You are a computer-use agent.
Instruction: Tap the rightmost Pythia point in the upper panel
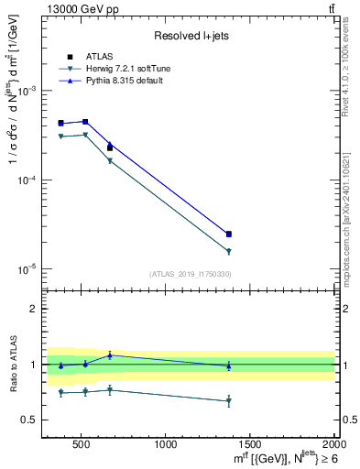(x=229, y=234)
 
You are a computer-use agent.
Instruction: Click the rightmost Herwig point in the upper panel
(x=229, y=251)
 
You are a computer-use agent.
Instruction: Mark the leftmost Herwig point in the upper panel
(x=60, y=136)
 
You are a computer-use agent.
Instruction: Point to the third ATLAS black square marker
(x=110, y=147)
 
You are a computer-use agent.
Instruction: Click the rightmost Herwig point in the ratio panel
(x=229, y=401)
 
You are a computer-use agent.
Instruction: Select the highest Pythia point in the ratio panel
(x=110, y=355)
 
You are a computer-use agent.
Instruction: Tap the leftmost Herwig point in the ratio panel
(x=60, y=392)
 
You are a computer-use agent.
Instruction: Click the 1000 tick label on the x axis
(x=166, y=444)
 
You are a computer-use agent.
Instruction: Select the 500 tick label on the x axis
(x=81, y=444)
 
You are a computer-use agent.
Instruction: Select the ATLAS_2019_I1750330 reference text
(x=189, y=274)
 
